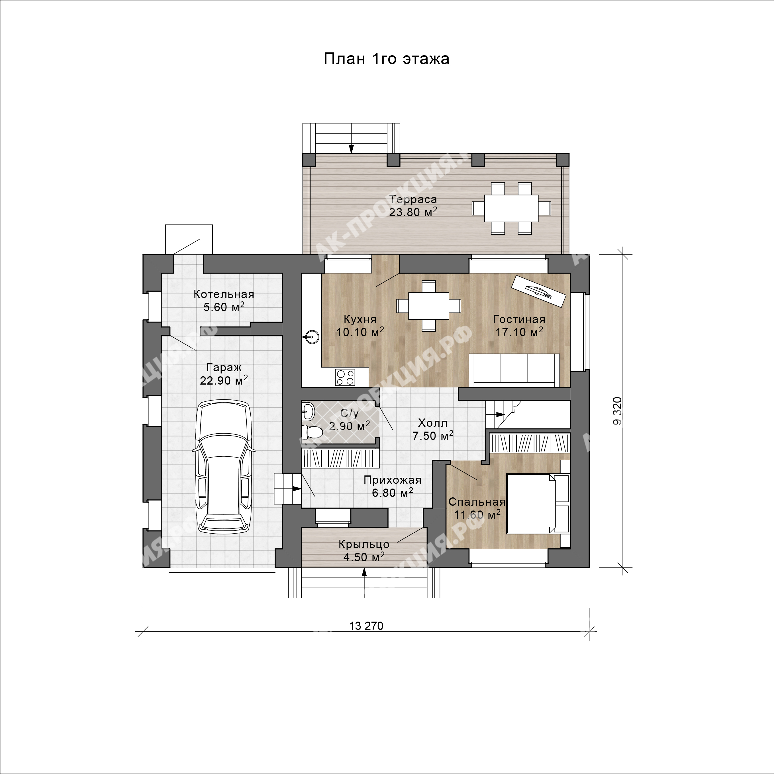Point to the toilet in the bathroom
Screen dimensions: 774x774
pyautogui.click(x=312, y=432)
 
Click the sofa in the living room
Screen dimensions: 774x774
pyautogui.click(x=515, y=370)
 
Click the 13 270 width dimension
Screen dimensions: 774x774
pyautogui.click(x=366, y=626)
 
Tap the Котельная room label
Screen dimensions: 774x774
pyautogui.click(x=224, y=295)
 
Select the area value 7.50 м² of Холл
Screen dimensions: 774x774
pyautogui.click(x=433, y=436)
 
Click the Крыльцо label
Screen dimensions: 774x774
pyautogui.click(x=364, y=544)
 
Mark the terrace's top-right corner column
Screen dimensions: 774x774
pyautogui.click(x=563, y=160)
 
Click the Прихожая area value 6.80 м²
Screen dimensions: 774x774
pyautogui.click(x=393, y=493)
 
